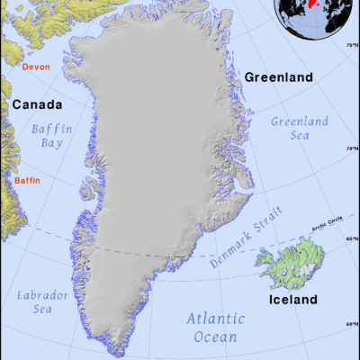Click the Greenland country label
coord(279,77)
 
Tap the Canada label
coord(37,105)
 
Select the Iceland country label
coord(292,299)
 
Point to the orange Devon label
coord(35,67)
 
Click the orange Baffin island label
coord(28,181)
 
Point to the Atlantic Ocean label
coord(215,328)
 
